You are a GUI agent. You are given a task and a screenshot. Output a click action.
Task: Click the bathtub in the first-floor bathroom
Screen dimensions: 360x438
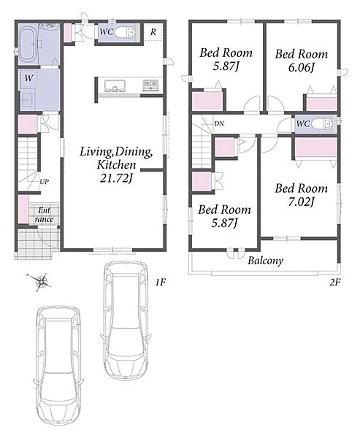[x=28, y=45]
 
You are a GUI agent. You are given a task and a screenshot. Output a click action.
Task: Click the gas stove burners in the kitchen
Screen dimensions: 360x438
[x=152, y=85]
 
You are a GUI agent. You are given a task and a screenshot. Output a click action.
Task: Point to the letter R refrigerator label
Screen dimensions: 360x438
[x=153, y=32]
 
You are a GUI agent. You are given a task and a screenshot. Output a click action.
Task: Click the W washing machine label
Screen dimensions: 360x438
[x=28, y=78]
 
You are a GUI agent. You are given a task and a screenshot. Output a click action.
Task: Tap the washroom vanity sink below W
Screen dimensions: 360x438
[x=26, y=100]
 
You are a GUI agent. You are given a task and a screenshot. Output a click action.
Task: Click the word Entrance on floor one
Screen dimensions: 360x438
[x=44, y=215]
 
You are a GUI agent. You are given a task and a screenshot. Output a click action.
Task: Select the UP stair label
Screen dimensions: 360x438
[x=44, y=182]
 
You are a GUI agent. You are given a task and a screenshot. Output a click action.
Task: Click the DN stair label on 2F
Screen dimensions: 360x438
[x=219, y=123]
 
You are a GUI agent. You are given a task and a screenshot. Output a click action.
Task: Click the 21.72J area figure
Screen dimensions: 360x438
[x=115, y=178]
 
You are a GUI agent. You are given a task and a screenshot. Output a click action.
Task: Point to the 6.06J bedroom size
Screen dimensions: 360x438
[x=302, y=67]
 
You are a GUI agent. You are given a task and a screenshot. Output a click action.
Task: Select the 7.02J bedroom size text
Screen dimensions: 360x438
[x=302, y=201]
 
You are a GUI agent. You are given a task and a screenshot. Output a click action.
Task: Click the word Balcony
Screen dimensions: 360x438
[x=266, y=261]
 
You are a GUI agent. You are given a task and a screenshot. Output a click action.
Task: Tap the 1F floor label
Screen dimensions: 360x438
[x=161, y=283]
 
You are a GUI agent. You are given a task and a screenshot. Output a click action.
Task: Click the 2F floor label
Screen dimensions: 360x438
[x=334, y=283]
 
